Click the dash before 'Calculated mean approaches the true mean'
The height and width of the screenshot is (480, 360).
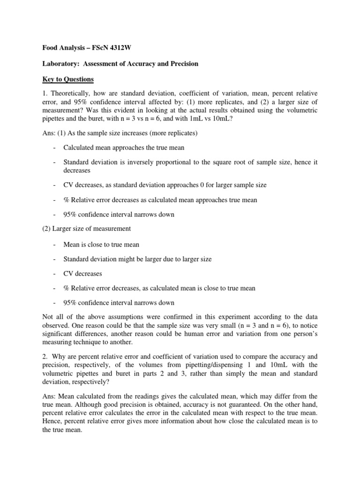(55, 148)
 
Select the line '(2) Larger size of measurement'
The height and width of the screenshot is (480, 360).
(88, 229)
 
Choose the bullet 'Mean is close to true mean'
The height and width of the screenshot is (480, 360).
(101, 244)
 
